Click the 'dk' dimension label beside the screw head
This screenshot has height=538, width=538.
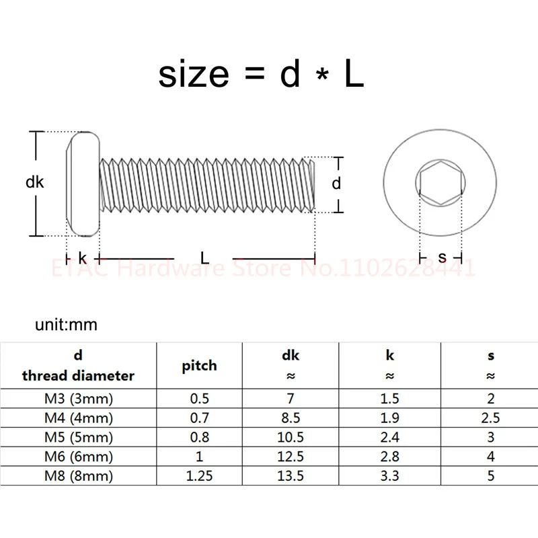pos(34,182)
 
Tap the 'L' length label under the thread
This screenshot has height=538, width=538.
pos(204,258)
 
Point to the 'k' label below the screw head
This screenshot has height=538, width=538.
pos(82,258)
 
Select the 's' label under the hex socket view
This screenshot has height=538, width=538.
pos(441,258)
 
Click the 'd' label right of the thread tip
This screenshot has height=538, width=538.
pos(338,183)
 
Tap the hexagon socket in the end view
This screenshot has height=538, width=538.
pos(441,183)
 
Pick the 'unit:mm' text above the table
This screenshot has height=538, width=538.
pos(66,325)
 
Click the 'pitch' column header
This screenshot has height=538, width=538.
pos(200,365)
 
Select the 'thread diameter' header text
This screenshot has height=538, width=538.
pos(79,375)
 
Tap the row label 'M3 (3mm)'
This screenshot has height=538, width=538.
pos(79,399)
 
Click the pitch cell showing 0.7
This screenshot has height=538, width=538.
pos(200,418)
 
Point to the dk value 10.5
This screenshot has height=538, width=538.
pos(291,438)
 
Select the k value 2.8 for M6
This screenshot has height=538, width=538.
pos(390,457)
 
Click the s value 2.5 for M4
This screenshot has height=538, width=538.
pos(490,418)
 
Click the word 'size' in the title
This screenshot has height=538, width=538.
pos(194,75)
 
